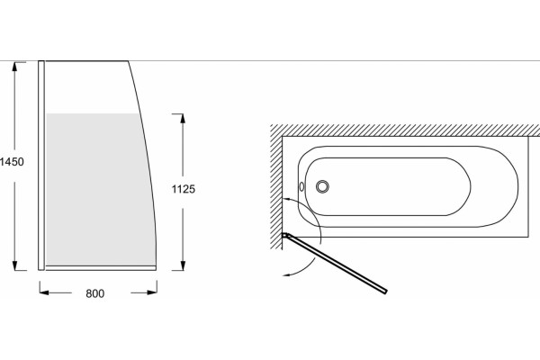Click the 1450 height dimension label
coord(12,162)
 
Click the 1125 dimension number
coord(184,189)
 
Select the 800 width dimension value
coord(95,293)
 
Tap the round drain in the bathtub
coord(322,186)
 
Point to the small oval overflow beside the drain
coord(301,186)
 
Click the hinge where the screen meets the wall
coord(286,236)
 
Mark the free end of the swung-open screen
coord(385,292)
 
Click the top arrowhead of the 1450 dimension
coord(14,66)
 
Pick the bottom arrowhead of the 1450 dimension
coord(14,265)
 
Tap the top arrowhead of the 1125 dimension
coord(183,118)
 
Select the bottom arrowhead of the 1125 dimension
coord(183,265)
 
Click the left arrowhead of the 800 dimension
coord(44,292)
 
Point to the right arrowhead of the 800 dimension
coord(152,292)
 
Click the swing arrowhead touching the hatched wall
coord(286,199)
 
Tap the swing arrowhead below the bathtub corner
coord(286,274)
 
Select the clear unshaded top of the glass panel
coord(89,87)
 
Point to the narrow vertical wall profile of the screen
coord(41,166)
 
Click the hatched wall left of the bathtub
coord(276,186)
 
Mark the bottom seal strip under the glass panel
coord(101,268)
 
